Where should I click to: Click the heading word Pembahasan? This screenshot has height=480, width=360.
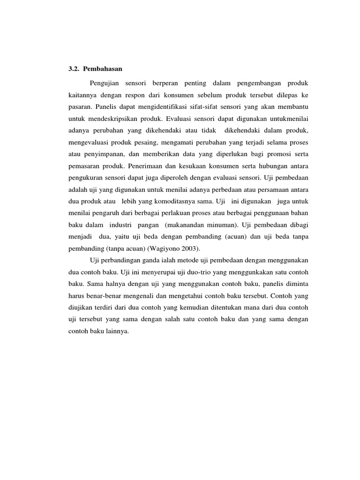click(x=103, y=68)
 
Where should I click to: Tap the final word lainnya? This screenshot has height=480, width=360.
click(x=114, y=332)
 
